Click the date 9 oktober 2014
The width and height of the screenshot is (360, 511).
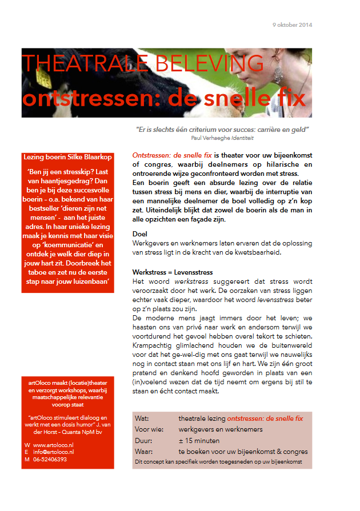292,25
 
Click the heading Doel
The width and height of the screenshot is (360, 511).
139,234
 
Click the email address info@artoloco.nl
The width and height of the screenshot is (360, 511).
54,452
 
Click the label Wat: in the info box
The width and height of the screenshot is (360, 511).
142,419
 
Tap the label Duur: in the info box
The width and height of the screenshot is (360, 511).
143,441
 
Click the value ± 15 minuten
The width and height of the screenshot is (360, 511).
198,441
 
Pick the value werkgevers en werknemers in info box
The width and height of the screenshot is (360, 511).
220,429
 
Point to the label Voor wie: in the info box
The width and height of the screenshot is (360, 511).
147,429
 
